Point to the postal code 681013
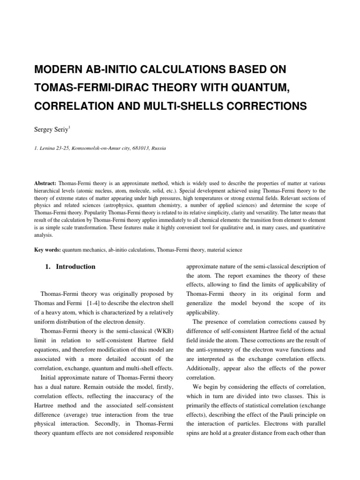(x=128, y=148)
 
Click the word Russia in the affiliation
(x=155, y=148)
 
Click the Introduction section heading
(x=75, y=267)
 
